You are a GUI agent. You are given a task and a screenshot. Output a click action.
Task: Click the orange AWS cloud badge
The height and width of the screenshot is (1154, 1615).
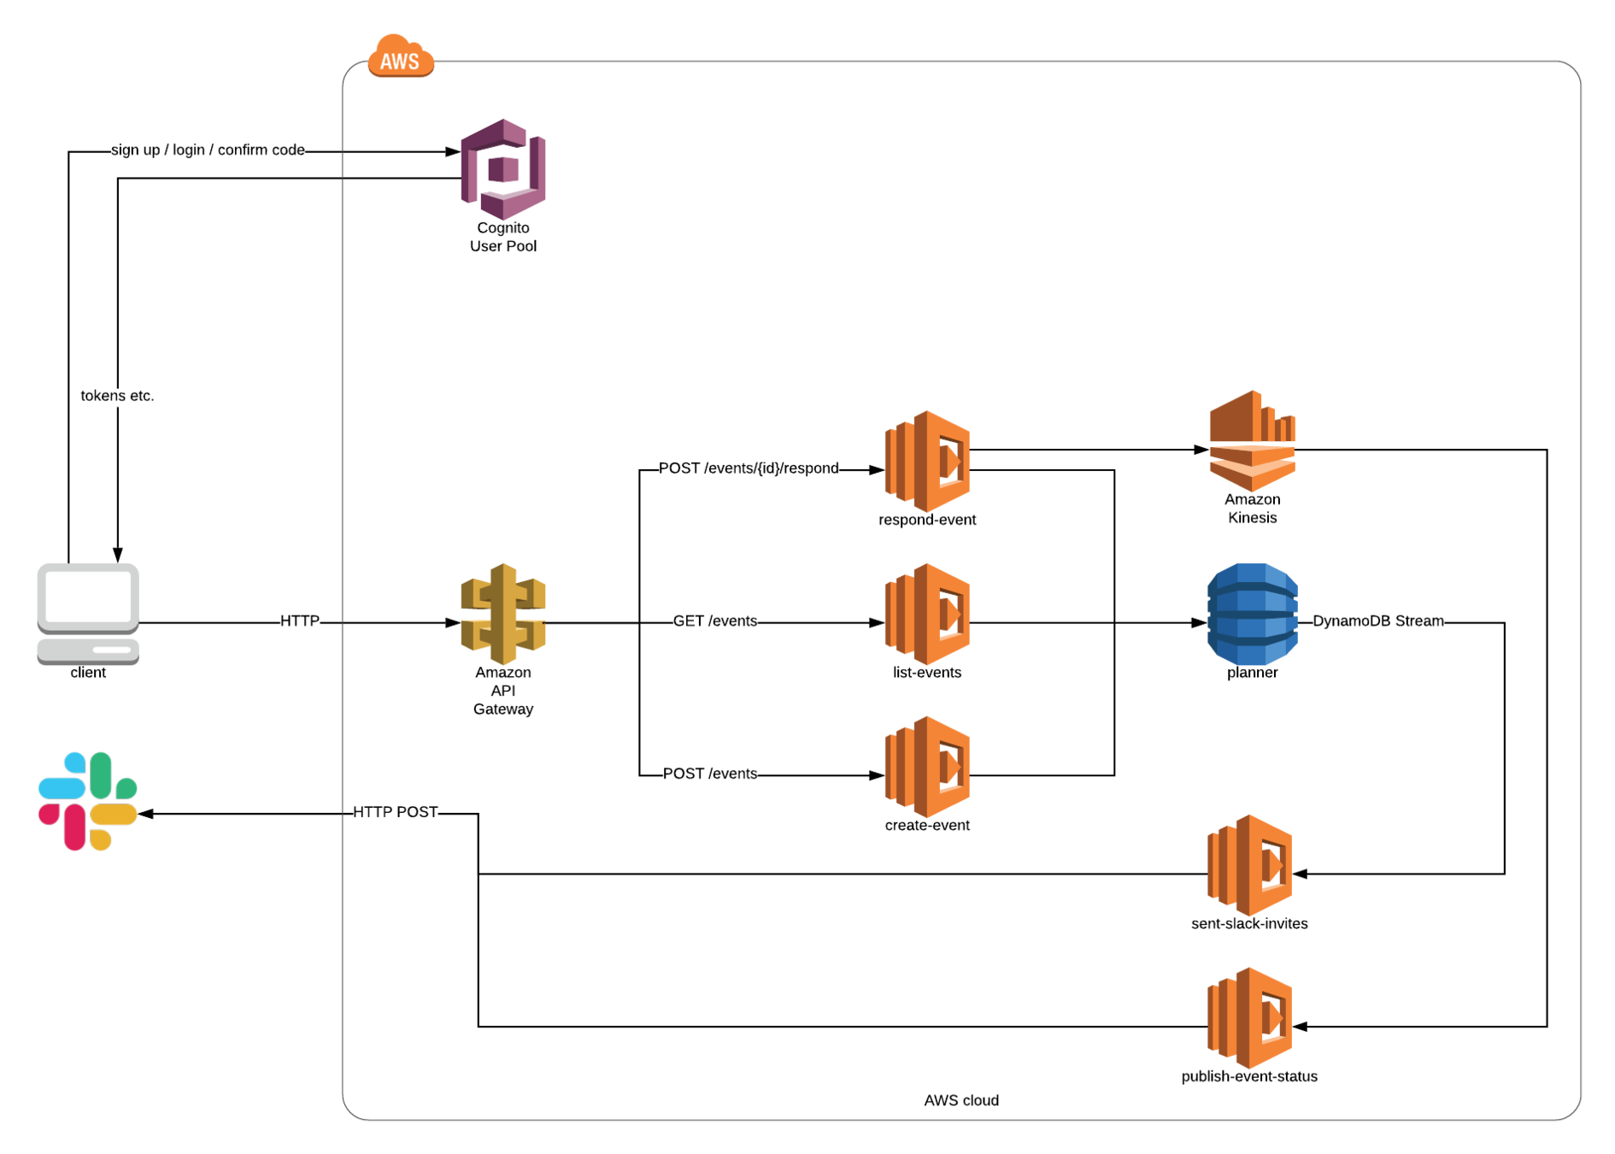tap(400, 58)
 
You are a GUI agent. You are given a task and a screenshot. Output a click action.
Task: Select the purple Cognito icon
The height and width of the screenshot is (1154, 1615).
tap(502, 169)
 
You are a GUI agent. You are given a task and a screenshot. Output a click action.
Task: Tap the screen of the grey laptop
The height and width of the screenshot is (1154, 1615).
tap(87, 596)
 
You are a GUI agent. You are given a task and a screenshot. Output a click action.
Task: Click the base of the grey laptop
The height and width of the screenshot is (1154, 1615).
tap(87, 651)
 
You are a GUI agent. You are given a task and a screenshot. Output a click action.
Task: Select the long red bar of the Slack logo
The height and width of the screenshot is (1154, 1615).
tap(74, 827)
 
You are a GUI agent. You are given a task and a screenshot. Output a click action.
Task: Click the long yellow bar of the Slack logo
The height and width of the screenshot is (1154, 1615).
tap(114, 814)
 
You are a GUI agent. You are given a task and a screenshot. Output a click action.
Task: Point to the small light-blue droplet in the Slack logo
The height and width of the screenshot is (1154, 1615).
tap(74, 761)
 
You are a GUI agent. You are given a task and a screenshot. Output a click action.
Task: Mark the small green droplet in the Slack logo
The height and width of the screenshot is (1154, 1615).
tap(127, 787)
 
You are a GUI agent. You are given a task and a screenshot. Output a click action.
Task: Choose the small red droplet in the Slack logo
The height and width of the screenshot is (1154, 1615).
tap(48, 815)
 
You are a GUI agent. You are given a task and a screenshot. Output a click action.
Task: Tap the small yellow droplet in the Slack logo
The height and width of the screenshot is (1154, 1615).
tap(101, 840)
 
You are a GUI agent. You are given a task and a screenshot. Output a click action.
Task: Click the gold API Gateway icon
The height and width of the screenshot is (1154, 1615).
tap(502, 614)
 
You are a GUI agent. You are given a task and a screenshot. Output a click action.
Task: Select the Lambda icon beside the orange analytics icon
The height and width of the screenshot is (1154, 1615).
tap(927, 462)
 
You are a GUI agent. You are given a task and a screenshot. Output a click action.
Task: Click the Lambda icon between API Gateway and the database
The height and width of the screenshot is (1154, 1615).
tap(927, 614)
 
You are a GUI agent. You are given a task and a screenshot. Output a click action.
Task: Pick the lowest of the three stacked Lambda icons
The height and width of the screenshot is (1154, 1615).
tap(927, 767)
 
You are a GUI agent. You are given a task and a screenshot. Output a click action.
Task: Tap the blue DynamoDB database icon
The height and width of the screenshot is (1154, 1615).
tap(1252, 614)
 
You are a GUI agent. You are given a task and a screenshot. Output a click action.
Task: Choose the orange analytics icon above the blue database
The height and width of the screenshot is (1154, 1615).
tap(1252, 441)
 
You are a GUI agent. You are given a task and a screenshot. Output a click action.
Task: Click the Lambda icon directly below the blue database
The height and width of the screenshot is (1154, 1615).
tap(1249, 865)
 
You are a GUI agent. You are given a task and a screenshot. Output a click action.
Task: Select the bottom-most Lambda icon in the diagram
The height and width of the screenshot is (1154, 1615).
tap(1249, 1018)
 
